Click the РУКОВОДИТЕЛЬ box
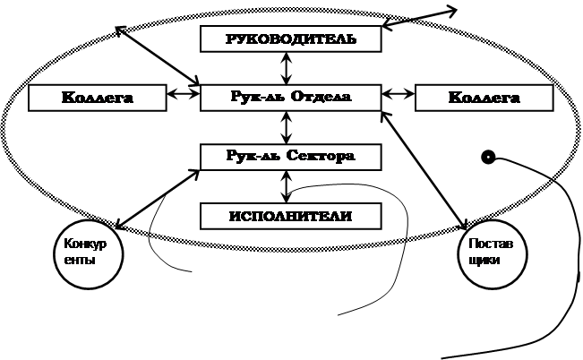tap(290, 39)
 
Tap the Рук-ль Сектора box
tap(290, 156)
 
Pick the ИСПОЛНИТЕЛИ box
tap(290, 216)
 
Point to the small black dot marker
tap(488, 158)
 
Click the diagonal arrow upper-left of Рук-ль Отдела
tap(159, 56)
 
